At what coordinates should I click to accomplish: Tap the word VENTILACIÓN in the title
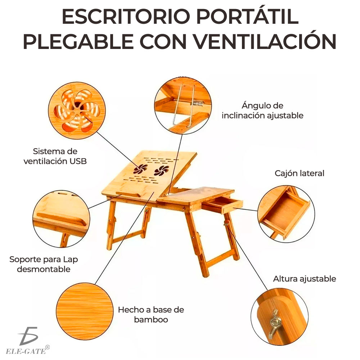click(x=274, y=42)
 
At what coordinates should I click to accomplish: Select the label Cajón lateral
click(x=300, y=173)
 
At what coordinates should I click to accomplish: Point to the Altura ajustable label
click(x=305, y=279)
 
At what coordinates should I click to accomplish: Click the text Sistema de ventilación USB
click(x=55, y=156)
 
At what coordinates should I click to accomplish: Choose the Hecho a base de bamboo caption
click(x=151, y=314)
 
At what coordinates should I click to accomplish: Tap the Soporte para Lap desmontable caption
click(x=44, y=264)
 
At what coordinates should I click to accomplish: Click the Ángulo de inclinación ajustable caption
click(x=262, y=111)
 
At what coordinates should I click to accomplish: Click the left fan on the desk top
click(x=141, y=169)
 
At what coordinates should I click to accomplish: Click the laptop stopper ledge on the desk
click(x=128, y=195)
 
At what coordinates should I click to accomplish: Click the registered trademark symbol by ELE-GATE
click(x=48, y=347)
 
